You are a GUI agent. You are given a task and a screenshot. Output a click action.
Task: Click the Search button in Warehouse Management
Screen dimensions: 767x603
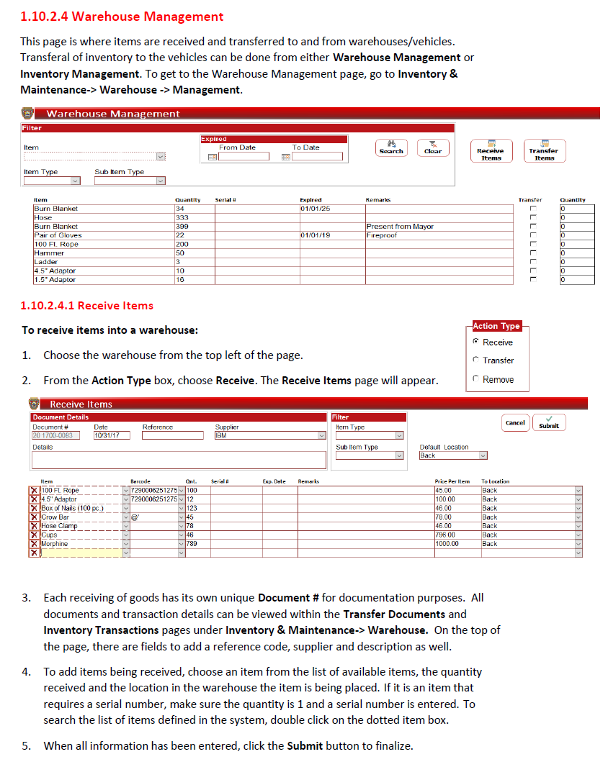click(392, 147)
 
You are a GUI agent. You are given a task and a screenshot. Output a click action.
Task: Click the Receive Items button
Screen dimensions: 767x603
click(491, 151)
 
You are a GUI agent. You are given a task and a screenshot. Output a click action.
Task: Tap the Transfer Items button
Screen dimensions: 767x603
click(544, 151)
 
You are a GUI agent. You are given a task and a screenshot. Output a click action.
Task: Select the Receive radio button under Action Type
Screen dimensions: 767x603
click(476, 342)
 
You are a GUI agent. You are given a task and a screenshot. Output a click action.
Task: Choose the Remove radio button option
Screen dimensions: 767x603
click(476, 379)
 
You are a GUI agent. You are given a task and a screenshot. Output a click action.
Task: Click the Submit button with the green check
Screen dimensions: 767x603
click(549, 422)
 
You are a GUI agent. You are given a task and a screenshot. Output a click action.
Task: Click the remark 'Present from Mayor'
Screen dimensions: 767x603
click(400, 227)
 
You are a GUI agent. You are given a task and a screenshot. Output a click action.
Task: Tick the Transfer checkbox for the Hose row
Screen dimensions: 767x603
click(534, 218)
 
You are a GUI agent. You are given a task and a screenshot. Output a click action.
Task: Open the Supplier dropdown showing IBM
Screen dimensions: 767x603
click(321, 435)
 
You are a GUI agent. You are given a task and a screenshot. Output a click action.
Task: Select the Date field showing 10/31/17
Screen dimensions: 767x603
click(111, 435)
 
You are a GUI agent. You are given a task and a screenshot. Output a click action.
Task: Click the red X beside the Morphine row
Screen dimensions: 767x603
click(34, 544)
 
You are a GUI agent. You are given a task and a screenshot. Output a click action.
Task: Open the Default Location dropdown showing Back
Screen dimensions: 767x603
click(483, 455)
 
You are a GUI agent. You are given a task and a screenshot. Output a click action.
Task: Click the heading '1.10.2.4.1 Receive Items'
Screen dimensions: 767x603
click(87, 306)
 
